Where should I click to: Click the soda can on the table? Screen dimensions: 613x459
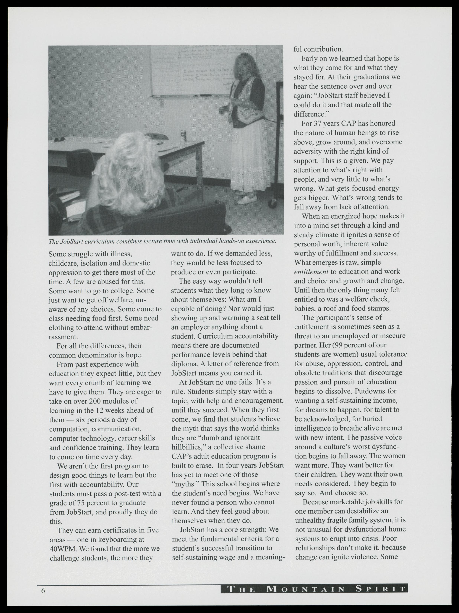(x=183, y=136)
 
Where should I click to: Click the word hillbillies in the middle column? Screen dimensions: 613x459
(x=188, y=447)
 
